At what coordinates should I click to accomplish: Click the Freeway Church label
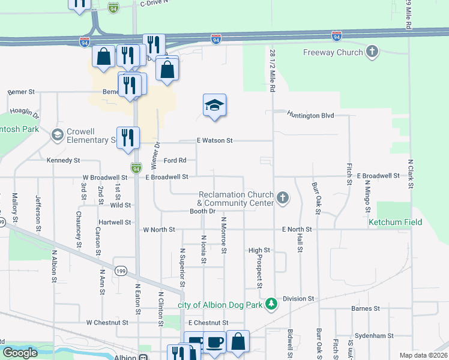333,52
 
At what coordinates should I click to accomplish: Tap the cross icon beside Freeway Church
372,52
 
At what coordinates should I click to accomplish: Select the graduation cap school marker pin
214,106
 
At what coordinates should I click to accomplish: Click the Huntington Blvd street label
310,115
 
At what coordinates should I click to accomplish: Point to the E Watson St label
214,140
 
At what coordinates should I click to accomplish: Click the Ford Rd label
175,160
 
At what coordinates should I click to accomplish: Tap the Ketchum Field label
395,223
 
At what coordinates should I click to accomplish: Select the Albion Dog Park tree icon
271,304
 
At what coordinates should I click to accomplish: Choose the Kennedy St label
63,161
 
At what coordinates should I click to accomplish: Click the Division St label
298,298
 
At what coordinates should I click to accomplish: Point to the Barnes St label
366,308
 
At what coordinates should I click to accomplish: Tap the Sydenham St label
373,336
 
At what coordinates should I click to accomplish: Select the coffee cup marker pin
214,343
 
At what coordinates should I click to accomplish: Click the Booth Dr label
202,211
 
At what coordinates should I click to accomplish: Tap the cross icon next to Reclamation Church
283,196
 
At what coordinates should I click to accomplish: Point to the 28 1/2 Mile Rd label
272,70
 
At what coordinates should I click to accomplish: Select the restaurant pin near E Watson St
128,137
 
